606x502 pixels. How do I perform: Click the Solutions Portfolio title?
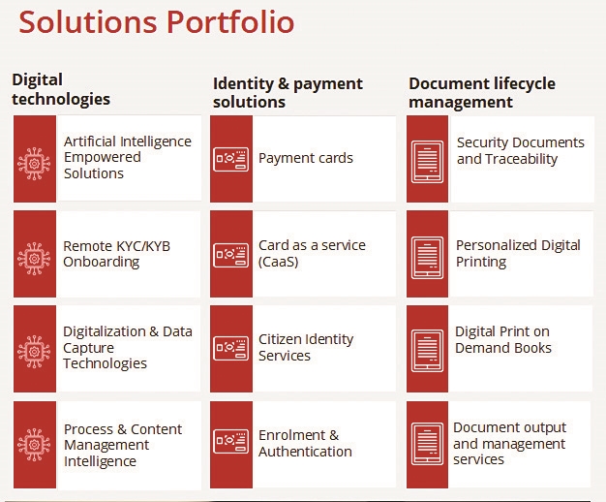click(157, 21)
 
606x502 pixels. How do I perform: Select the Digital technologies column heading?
click(61, 89)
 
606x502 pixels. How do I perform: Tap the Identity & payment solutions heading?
click(288, 92)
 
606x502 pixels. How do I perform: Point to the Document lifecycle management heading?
click(482, 92)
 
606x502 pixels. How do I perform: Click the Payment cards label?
click(306, 158)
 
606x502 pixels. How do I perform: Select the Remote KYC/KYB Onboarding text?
click(117, 254)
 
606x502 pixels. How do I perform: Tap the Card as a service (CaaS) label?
click(312, 254)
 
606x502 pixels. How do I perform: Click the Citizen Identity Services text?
click(306, 347)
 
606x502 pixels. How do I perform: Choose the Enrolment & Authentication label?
click(305, 443)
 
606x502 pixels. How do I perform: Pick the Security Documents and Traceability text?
click(521, 150)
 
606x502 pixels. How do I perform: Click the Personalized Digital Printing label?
click(518, 254)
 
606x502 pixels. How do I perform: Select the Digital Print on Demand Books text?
click(503, 339)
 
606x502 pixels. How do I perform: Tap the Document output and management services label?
click(510, 443)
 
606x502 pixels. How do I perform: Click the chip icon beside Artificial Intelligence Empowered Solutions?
click(34, 164)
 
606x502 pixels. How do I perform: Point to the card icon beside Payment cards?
click(231, 159)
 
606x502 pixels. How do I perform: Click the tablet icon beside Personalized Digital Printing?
click(428, 258)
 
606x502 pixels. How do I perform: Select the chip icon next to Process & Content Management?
click(34, 445)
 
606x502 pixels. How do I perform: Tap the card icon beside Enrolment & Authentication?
click(231, 441)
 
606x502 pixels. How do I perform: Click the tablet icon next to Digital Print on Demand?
click(428, 351)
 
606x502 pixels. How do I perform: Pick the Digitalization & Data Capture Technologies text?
click(128, 347)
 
